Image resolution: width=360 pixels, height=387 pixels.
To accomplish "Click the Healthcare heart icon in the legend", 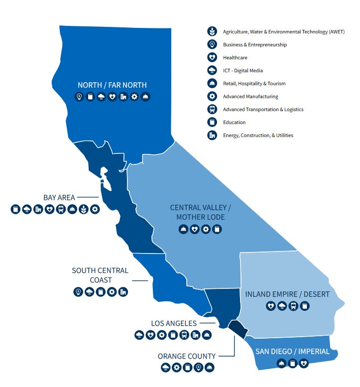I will [x=213, y=57].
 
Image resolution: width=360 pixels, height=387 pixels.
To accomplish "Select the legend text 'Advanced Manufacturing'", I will [x=250, y=97].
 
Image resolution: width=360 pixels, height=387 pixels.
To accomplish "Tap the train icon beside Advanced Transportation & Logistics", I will [x=213, y=109].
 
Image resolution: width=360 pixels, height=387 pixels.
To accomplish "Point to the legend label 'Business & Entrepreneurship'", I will [x=255, y=45].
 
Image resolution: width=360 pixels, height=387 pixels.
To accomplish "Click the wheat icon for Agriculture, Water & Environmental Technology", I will [x=213, y=31].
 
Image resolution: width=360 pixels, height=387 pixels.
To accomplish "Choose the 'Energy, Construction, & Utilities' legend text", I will [x=258, y=135].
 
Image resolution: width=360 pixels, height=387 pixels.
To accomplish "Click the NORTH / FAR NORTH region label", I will [x=112, y=85].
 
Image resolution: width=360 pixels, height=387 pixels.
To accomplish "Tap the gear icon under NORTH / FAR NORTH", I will [x=134, y=97].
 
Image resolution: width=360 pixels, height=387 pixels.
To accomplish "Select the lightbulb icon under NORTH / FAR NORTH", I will [x=79, y=97].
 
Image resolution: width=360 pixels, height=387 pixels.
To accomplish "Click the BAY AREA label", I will [x=59, y=197].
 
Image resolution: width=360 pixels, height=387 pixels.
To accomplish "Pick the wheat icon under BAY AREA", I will [x=84, y=209].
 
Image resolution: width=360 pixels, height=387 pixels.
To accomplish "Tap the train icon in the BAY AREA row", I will [x=61, y=209].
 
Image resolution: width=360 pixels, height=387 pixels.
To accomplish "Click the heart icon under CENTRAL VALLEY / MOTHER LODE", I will [x=195, y=229].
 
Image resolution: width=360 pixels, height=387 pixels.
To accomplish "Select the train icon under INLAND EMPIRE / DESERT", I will [x=294, y=306].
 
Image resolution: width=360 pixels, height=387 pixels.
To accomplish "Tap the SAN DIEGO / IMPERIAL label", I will [x=292, y=351].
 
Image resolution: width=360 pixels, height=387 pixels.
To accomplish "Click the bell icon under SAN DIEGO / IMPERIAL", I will [x=281, y=363].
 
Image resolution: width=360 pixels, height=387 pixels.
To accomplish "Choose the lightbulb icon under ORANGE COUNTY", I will [x=199, y=368].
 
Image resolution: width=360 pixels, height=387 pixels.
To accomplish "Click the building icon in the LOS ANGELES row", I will [x=196, y=335].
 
